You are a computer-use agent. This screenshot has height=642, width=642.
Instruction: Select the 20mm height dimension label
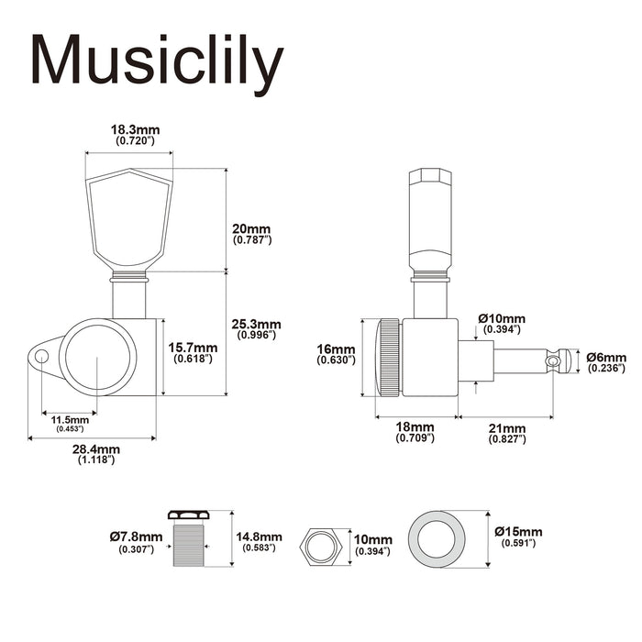click(x=253, y=227)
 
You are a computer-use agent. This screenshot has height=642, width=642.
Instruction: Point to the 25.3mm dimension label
click(x=258, y=324)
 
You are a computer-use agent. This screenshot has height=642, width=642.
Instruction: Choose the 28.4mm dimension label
click(x=95, y=448)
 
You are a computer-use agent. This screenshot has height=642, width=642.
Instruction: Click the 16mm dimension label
click(x=336, y=349)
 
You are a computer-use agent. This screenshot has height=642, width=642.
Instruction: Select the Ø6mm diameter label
click(x=606, y=357)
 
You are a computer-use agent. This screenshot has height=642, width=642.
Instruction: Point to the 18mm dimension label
click(x=415, y=427)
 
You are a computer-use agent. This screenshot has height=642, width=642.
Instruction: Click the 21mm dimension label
click(x=506, y=427)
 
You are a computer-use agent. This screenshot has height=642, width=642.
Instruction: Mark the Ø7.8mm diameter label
click(x=136, y=536)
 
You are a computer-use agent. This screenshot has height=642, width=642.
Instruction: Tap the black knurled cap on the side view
click(x=389, y=358)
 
